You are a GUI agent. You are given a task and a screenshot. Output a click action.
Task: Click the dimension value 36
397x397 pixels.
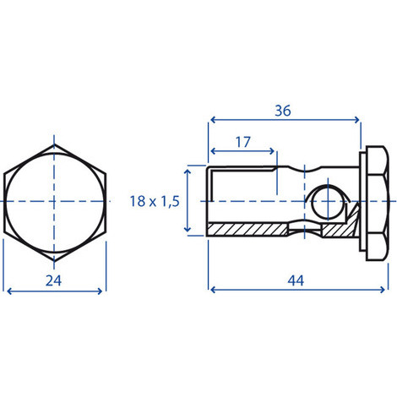pyautogui.click(x=283, y=111)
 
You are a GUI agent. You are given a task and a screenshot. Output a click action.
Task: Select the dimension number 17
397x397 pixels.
pyautogui.click(x=242, y=142)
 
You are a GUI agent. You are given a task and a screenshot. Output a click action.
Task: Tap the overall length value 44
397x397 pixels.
pyautogui.click(x=296, y=280)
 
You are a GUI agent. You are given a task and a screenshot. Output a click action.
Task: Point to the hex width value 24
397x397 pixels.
pyautogui.click(x=53, y=280)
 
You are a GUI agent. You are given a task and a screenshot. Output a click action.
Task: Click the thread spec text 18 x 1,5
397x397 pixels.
pyautogui.click(x=155, y=201)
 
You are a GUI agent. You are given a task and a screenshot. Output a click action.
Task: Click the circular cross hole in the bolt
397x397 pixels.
pyautogui.click(x=328, y=202)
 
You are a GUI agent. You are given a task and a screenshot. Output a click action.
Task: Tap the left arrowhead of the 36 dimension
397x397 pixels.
pyautogui.click(x=213, y=120)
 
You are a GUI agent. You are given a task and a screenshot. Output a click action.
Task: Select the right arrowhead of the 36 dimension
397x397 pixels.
pyautogui.click(x=357, y=120)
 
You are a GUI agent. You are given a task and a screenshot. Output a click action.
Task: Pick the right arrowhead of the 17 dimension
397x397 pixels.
pyautogui.click(x=271, y=151)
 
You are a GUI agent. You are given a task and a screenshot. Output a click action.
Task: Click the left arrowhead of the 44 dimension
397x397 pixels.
pyautogui.click(x=213, y=290)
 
